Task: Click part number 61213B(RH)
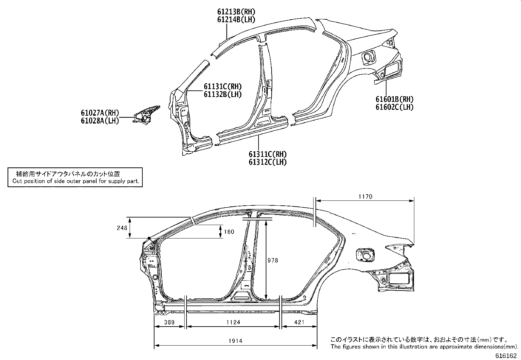[x=236, y=12]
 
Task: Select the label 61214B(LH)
[x=236, y=20]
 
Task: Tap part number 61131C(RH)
[x=223, y=87]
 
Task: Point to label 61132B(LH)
[x=223, y=95]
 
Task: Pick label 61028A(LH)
[x=100, y=121]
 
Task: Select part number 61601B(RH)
[x=394, y=99]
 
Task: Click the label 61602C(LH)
[x=394, y=107]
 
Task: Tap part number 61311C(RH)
[x=268, y=154]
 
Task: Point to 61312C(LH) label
[x=268, y=162]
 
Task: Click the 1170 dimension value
[x=365, y=197]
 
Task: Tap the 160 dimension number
[x=229, y=232]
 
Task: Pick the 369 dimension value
[x=169, y=322]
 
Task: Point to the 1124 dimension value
[x=233, y=322]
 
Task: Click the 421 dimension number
[x=299, y=322]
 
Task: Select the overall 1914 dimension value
[x=235, y=341]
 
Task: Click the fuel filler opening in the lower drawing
[x=365, y=255]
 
